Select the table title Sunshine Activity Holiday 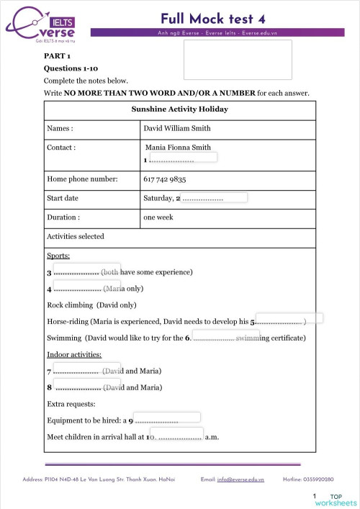tap(179, 109)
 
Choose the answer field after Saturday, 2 tap(215, 197)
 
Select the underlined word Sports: tap(58, 255)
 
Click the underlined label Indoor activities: tap(73, 354)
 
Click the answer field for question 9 tap(167, 417)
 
